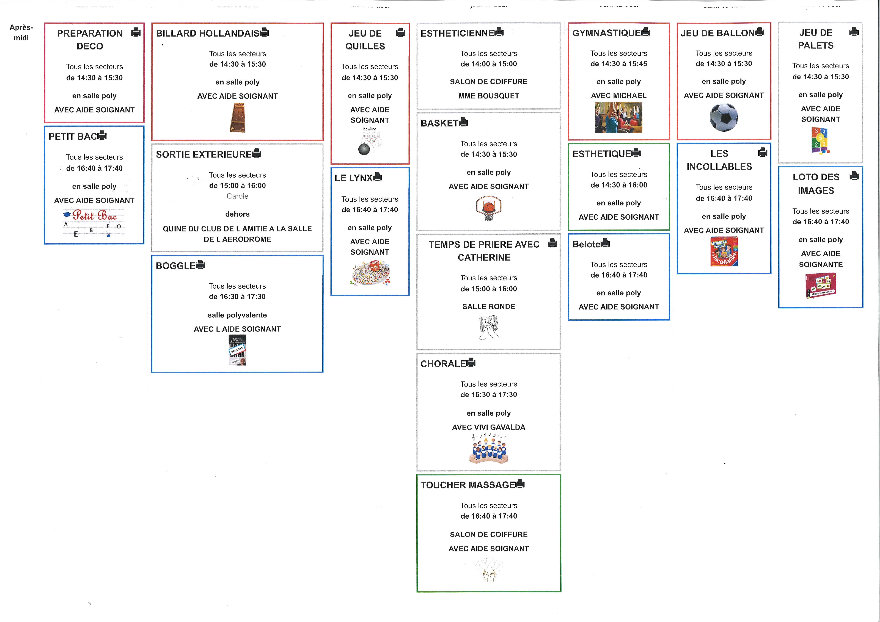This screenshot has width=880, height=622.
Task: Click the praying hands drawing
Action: [489, 328]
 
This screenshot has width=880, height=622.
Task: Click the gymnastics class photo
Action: [619, 117]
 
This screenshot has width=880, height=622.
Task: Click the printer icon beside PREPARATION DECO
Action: [136, 33]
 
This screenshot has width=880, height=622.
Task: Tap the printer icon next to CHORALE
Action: [471, 363]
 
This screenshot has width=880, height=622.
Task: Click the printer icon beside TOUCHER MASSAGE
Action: [520, 484]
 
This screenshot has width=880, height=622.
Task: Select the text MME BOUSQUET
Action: [489, 96]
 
